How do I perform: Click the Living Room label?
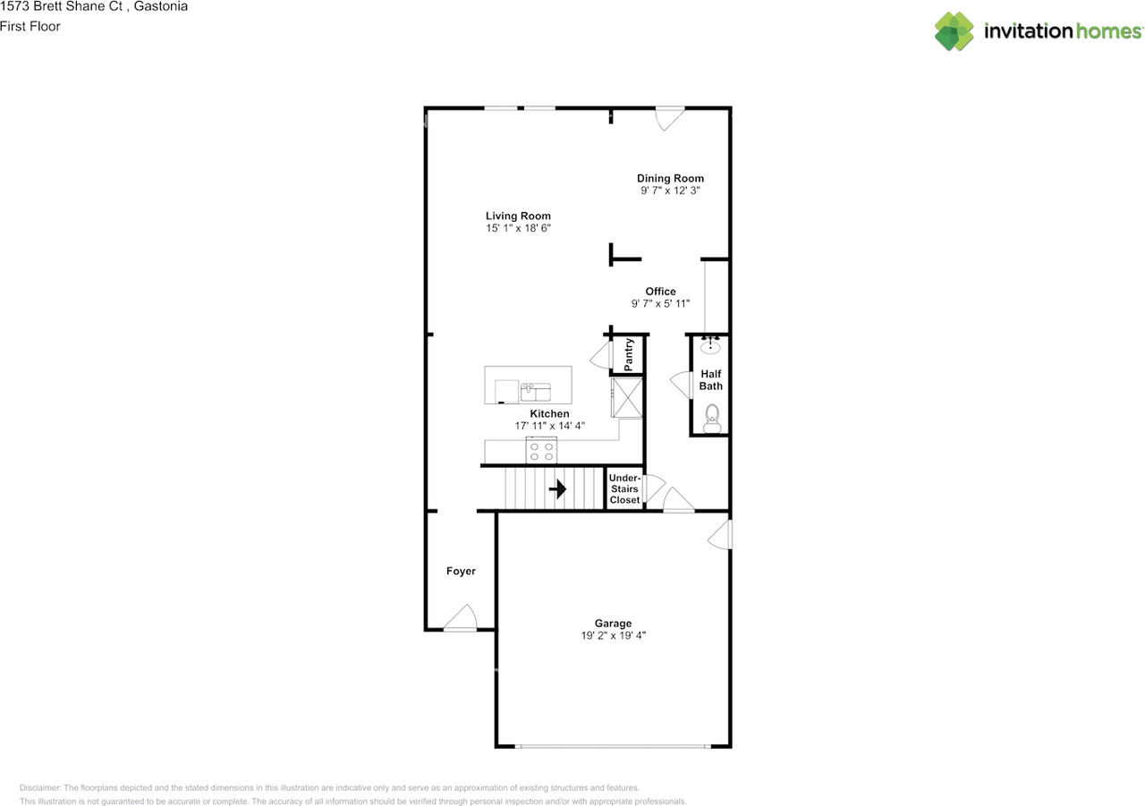[x=518, y=216]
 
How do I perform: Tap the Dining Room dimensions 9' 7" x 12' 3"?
[x=670, y=191]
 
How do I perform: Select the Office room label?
[x=660, y=291]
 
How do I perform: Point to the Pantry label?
[x=629, y=354]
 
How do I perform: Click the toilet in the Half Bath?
[x=712, y=418]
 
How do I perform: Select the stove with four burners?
[x=541, y=450]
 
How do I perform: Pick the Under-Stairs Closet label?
[x=624, y=489]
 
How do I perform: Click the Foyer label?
[x=461, y=571]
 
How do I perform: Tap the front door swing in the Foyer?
[x=462, y=618]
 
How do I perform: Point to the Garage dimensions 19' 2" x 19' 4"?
[x=613, y=636]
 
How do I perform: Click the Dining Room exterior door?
[x=669, y=118]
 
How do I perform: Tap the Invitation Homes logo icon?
[x=954, y=31]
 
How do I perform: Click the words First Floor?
[x=30, y=26]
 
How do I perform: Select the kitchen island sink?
[x=535, y=392]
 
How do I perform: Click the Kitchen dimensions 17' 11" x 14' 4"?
[x=549, y=426]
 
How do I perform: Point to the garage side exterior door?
[x=721, y=535]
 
